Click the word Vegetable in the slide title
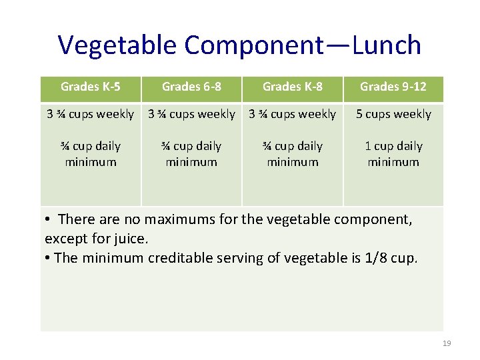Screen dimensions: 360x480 pos(118,45)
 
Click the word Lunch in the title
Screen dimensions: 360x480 pos(387,45)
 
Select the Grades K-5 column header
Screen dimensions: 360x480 pos(91,87)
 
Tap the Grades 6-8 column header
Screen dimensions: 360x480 pos(191,87)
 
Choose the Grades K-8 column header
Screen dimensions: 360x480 pos(292,87)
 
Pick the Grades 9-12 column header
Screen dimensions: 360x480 pos(393,87)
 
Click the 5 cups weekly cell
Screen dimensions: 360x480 pos(393,114)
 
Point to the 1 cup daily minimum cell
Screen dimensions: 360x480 pos(393,153)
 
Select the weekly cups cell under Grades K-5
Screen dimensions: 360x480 pos(91,114)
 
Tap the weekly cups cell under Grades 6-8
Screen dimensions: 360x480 pos(191,114)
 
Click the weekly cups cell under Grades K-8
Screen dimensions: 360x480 pos(292,114)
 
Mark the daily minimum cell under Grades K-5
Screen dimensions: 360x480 pos(91,153)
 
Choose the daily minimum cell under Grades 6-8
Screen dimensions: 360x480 pos(191,153)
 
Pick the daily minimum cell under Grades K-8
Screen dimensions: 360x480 pos(292,153)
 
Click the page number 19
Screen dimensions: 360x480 pos(447,343)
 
